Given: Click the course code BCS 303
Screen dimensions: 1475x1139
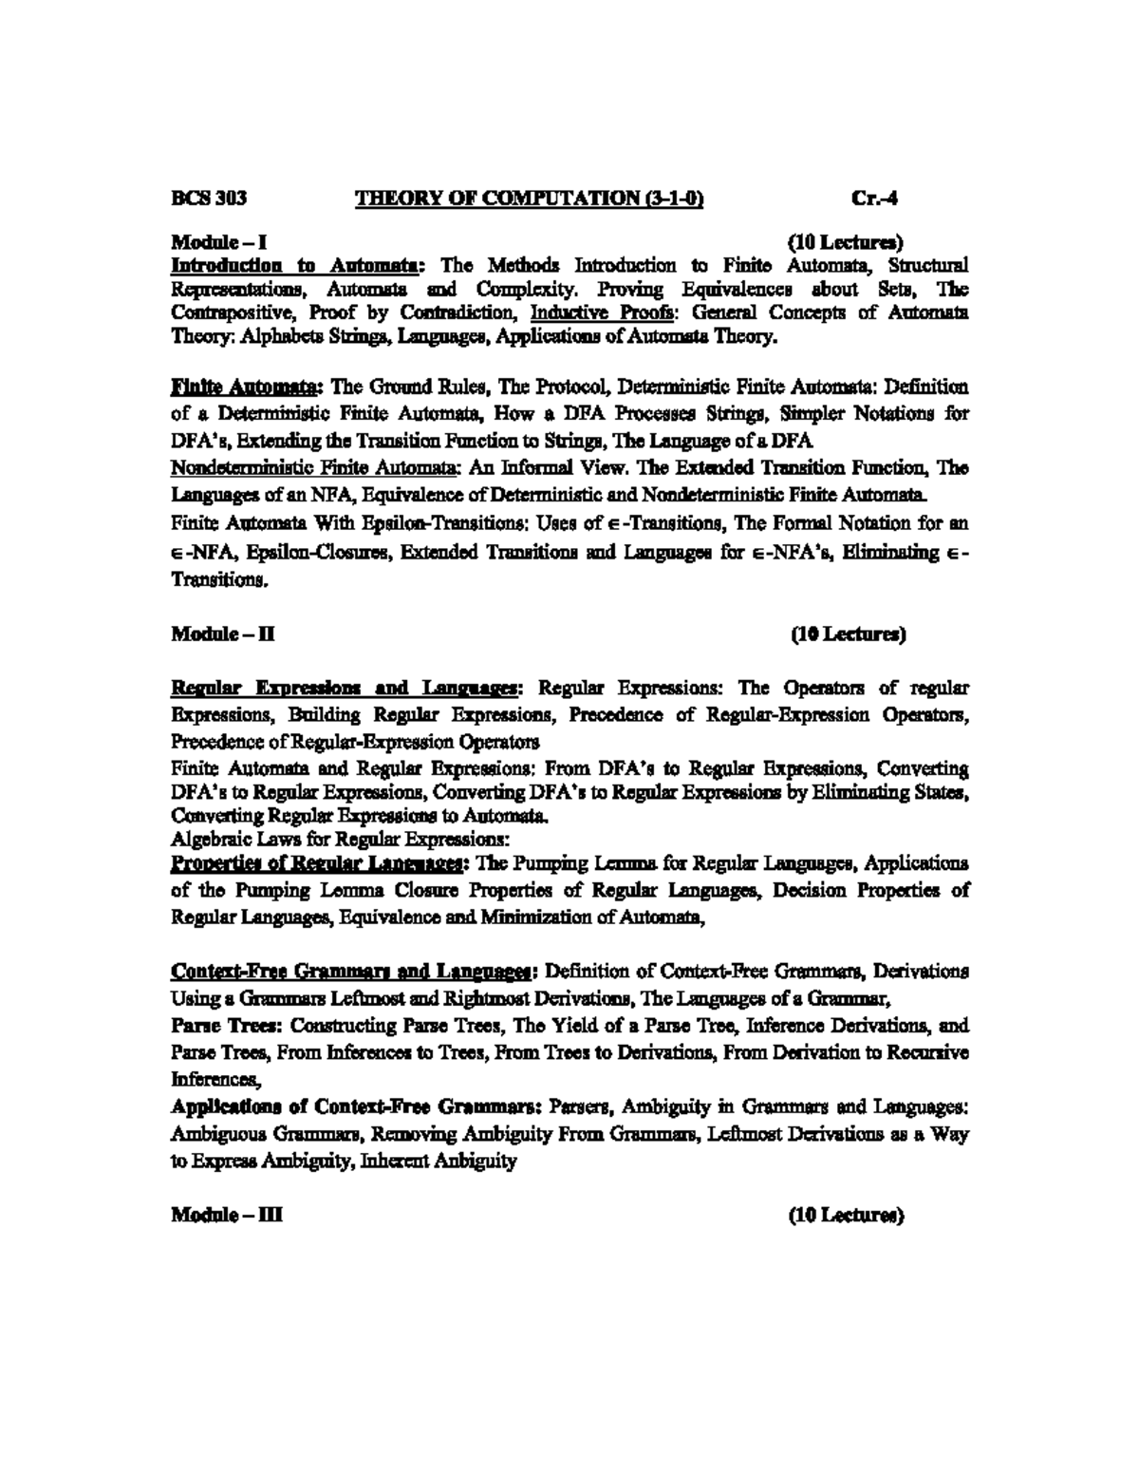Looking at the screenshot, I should click(x=209, y=199).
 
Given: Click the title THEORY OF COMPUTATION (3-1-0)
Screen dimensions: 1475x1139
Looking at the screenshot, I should click(x=529, y=199).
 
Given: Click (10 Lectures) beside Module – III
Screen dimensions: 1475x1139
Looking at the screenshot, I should click(x=847, y=1215).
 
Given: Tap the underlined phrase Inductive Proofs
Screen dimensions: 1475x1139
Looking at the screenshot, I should click(x=577, y=312).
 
